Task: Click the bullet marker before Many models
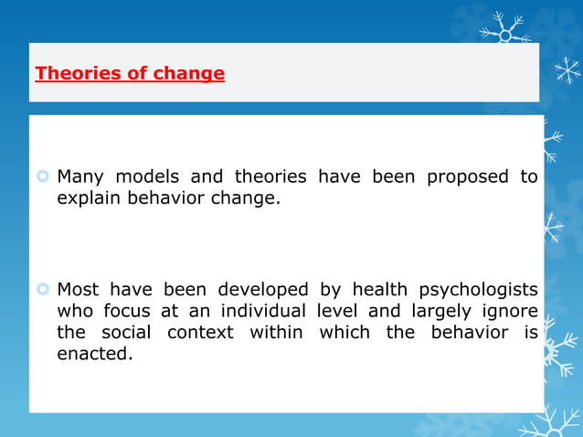click(43, 176)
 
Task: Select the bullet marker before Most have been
click(43, 290)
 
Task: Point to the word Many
click(80, 176)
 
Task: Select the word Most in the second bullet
click(79, 290)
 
